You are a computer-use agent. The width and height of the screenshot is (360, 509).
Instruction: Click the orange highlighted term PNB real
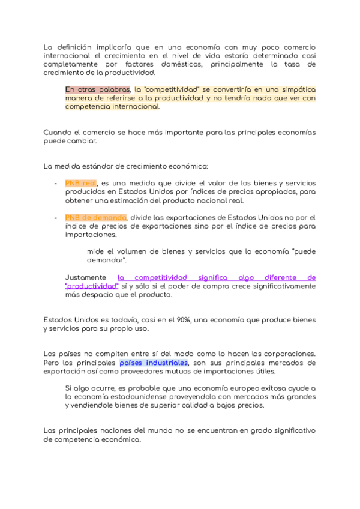(x=80, y=182)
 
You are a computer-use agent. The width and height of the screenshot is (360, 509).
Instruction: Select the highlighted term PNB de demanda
(x=95, y=217)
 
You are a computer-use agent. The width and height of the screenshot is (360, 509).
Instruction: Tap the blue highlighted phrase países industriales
(x=154, y=363)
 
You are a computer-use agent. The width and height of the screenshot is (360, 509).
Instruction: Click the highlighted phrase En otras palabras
(x=97, y=89)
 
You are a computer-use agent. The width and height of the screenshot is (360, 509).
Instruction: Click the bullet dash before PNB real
(x=55, y=182)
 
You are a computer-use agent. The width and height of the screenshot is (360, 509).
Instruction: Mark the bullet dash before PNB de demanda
(x=55, y=217)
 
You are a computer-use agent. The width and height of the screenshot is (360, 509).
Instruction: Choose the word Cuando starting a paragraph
(x=59, y=133)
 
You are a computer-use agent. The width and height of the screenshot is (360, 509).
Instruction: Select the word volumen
(x=129, y=251)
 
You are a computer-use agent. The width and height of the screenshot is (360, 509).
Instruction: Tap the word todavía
(x=121, y=319)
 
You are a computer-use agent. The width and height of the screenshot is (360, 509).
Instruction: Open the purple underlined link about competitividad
(x=216, y=277)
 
